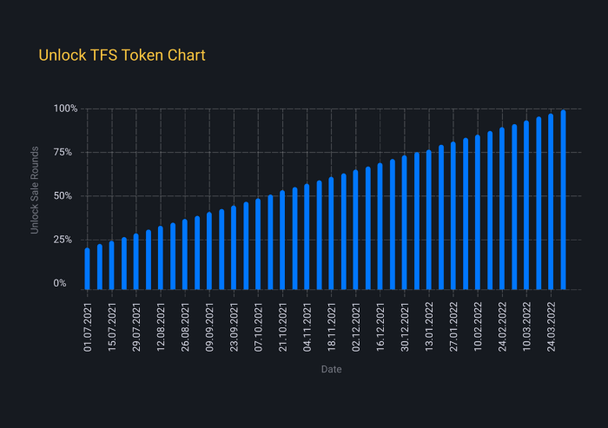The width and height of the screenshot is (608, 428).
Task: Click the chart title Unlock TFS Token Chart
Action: pos(122,56)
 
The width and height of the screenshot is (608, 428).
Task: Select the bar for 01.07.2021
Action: pos(87,268)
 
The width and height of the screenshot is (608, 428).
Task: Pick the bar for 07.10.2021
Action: pos(258,243)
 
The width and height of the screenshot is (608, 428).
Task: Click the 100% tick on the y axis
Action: pos(65,109)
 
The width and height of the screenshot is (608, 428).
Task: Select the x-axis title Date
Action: pos(331,370)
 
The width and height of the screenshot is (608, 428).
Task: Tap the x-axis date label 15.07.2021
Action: pos(112,325)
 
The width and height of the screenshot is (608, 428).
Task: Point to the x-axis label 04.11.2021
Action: pos(307,325)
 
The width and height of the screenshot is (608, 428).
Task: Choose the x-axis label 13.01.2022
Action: pos(428,325)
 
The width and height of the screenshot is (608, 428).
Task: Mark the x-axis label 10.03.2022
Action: pos(525,325)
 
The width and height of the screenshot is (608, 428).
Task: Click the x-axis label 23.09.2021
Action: pos(234,325)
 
